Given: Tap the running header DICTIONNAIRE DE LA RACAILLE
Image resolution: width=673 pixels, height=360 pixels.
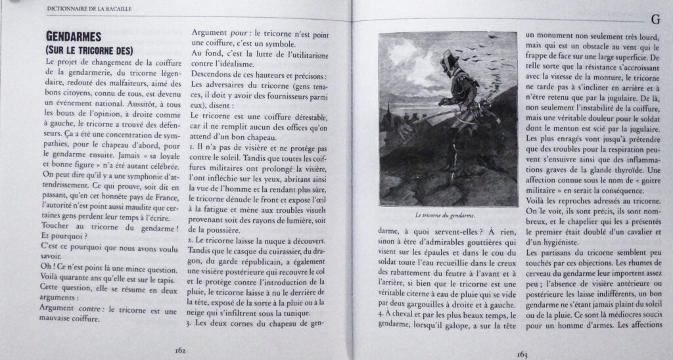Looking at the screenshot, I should point(91,9).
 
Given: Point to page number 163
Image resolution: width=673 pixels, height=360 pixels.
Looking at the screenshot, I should point(522,354).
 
